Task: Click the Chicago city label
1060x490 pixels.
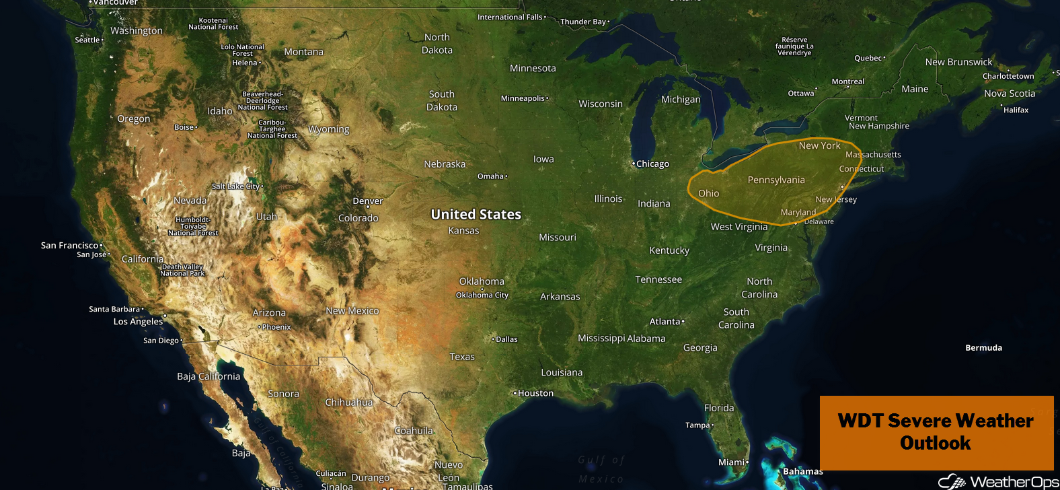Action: pos(652,164)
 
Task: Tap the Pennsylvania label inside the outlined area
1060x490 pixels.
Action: pos(776,180)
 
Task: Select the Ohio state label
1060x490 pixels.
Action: pos(708,193)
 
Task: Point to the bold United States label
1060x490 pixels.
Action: pos(476,214)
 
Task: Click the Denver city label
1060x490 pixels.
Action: pos(367,201)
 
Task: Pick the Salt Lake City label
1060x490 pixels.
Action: pos(235,186)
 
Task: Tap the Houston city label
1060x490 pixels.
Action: pos(535,393)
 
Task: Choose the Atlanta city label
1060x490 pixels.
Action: pos(665,322)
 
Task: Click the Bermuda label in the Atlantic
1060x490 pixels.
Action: pos(983,348)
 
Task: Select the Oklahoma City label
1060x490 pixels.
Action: pos(482,295)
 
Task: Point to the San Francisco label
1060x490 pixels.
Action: pos(70,245)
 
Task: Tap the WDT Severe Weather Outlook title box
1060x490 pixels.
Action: pos(936,432)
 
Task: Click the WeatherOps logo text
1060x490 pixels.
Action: pos(1014,482)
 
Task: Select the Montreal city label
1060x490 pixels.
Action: pos(847,81)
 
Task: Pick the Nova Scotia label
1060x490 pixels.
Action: pos(1010,94)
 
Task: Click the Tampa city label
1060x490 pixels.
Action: pos(697,425)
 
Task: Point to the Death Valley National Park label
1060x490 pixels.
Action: pos(182,270)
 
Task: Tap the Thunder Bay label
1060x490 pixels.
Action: pos(583,22)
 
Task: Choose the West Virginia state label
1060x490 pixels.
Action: pos(739,227)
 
